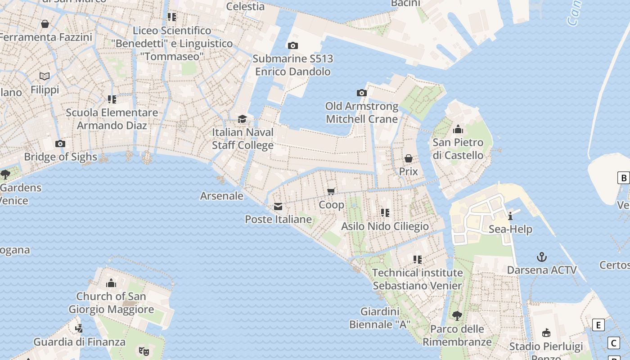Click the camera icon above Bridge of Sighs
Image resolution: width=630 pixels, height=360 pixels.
(x=60, y=144)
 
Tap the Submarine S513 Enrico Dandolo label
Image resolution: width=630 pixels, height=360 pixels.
(x=292, y=65)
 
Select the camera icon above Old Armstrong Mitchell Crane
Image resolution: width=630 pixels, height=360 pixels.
(x=361, y=93)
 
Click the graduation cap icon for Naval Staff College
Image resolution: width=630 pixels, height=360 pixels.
(x=243, y=119)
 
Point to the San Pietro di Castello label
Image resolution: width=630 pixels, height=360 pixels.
(x=458, y=149)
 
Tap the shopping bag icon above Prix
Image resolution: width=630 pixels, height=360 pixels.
(x=409, y=158)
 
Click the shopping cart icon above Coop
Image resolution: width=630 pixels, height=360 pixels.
(x=332, y=192)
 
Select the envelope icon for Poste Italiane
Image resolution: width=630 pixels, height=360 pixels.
(x=278, y=207)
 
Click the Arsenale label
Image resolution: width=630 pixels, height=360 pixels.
(x=221, y=196)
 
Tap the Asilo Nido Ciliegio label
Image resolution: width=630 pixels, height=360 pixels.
(x=385, y=226)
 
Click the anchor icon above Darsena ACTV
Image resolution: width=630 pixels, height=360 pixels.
(x=542, y=257)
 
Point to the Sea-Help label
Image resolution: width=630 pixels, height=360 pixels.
(x=510, y=229)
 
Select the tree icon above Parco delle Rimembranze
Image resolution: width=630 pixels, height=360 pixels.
(x=457, y=316)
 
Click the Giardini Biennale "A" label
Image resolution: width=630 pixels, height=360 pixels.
(x=380, y=318)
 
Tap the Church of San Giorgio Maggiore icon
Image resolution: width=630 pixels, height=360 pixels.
(x=111, y=283)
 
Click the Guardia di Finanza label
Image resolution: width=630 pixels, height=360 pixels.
(x=79, y=342)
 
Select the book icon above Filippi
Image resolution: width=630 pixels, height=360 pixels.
(x=45, y=76)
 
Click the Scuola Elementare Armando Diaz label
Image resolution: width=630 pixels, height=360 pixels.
(x=112, y=119)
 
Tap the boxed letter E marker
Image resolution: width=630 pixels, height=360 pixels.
(x=598, y=325)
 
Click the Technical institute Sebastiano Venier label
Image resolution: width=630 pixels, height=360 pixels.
(x=417, y=279)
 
